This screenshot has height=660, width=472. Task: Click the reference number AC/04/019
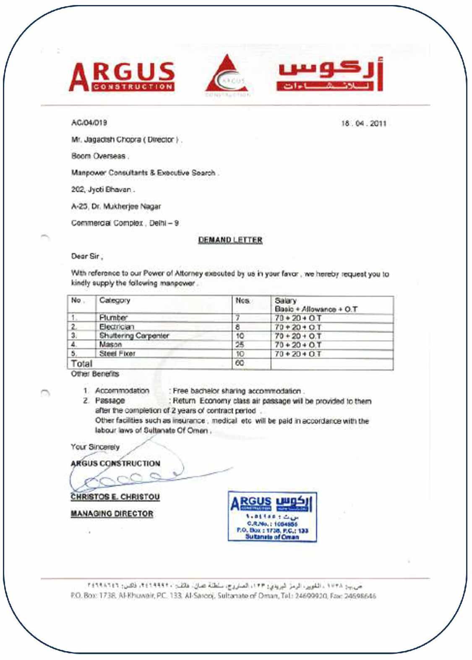[x=89, y=123]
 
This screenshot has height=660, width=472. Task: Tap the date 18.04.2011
[x=363, y=123]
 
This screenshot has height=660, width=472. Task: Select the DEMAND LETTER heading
[x=230, y=240]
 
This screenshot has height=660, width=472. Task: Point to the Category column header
[x=115, y=300]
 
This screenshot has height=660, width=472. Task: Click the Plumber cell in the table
[x=113, y=318]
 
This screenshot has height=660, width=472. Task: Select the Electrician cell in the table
[x=117, y=326]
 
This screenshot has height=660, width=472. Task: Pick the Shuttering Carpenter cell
[x=134, y=336]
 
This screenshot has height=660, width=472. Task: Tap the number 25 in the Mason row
[x=240, y=344]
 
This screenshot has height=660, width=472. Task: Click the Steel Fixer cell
[x=117, y=354]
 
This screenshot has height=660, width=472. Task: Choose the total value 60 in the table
[x=240, y=363]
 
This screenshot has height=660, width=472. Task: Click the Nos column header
[x=243, y=301]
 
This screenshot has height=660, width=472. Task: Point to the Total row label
[x=81, y=363]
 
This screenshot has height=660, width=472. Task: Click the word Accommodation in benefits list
[x=122, y=391]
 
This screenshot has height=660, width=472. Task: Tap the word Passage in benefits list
[x=110, y=401]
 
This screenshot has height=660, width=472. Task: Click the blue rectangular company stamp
[x=272, y=517]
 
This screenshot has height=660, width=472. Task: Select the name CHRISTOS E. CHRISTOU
[x=115, y=497]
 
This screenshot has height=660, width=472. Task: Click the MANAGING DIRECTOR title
[x=112, y=514]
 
